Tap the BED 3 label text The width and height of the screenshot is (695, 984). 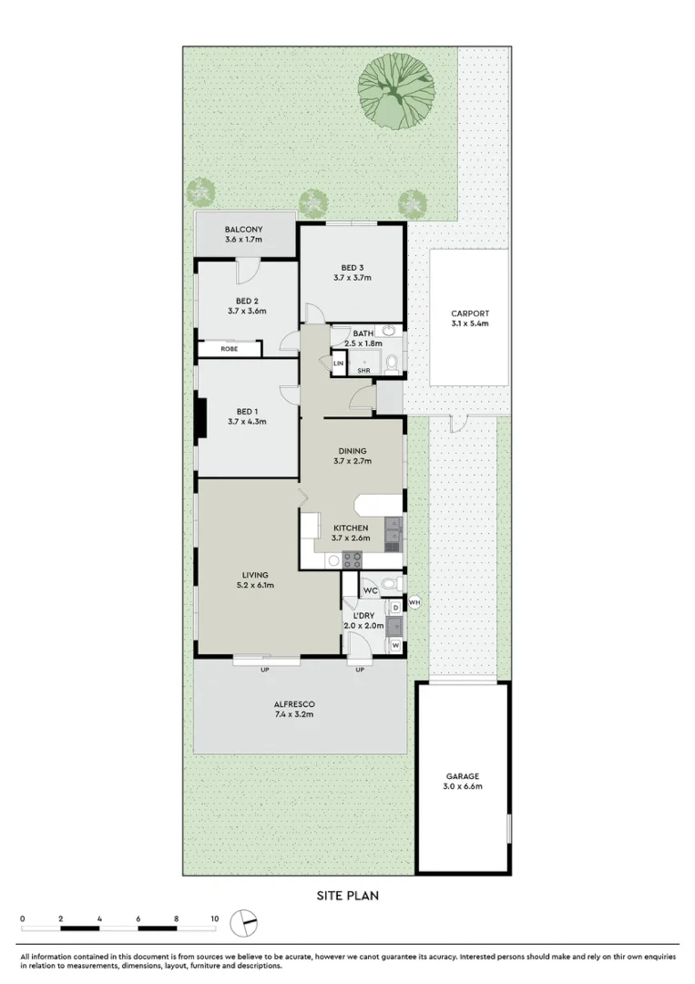coord(352,267)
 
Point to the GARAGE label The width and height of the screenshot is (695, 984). coord(463,775)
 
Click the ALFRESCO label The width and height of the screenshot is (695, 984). coord(294,703)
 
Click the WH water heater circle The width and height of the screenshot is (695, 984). coord(414,601)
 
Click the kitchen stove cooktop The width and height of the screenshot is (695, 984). coord(352,559)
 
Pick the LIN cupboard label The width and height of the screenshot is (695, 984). coord(339,364)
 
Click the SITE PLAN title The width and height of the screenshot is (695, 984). coord(347,896)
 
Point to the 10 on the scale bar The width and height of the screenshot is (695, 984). coord(214,918)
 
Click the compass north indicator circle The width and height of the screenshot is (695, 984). coord(244,922)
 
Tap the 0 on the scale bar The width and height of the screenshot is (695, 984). coord(22,918)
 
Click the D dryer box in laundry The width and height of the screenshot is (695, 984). coord(395,607)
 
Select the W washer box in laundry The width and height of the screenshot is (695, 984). coord(395,645)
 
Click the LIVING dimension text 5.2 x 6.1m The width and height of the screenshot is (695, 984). coord(254,586)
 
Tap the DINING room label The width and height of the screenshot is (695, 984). coord(352,451)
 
